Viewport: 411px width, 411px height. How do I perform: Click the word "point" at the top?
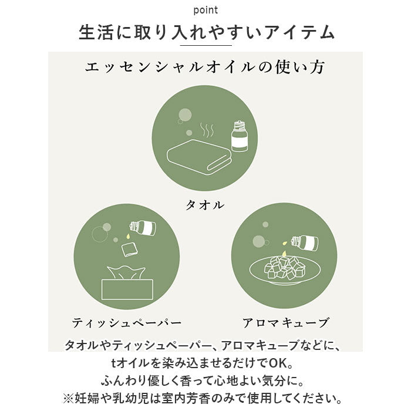coord(206,11)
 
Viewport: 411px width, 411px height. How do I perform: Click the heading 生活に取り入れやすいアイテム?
coord(207,32)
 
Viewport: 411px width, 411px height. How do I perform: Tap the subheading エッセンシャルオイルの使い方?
coord(205,67)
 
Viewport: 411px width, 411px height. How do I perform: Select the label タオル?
coord(205,205)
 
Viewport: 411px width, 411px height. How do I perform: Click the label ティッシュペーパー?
coord(127,323)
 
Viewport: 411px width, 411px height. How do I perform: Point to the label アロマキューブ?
coord(285,323)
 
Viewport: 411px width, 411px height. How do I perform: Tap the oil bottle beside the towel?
coord(240,136)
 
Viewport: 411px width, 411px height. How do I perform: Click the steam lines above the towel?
coord(207,130)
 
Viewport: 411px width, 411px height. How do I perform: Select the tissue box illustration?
coord(127,283)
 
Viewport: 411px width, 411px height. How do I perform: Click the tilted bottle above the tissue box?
coord(143,227)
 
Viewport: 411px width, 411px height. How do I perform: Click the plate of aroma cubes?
coord(285,270)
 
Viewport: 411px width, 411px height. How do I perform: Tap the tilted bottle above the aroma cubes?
coord(305,242)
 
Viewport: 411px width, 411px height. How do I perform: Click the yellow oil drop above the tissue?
coord(127,236)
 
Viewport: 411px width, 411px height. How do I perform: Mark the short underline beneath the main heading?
coord(206,45)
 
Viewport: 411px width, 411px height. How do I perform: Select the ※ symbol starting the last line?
coord(69,398)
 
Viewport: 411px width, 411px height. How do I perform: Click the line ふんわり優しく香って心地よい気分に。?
coord(203,381)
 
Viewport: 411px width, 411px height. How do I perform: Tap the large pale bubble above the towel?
coord(185,115)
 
